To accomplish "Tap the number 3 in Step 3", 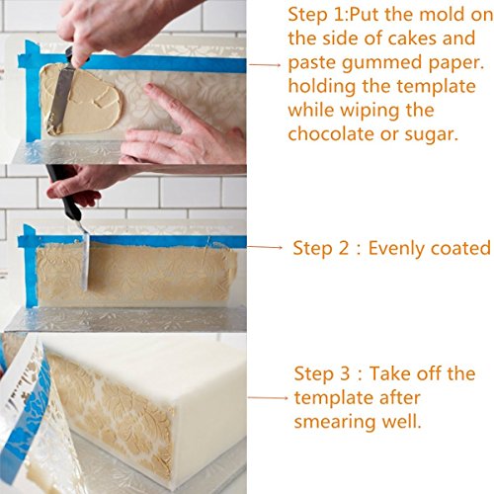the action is pos(344,373).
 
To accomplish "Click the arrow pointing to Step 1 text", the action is pos(265,65).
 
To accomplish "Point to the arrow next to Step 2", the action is pos(265,247).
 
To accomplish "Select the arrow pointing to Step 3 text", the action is pos(268,398).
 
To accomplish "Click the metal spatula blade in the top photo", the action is pos(59,99).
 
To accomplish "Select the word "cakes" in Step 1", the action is pos(412,39).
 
